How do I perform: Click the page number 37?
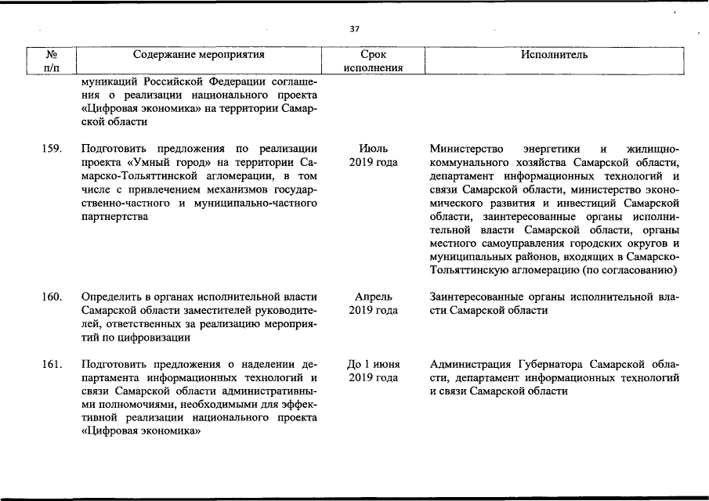354,29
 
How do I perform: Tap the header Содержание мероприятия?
198,55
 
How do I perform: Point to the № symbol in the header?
51,55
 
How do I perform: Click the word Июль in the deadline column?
373,148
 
